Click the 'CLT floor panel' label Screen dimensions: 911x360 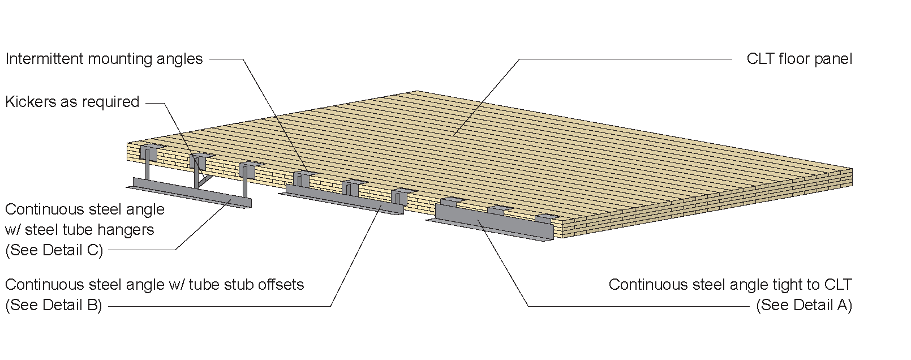click(799, 59)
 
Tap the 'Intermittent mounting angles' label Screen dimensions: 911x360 click(104, 59)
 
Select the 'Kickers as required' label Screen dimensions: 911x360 click(72, 102)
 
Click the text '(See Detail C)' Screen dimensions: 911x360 click(54, 250)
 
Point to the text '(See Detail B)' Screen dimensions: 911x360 click(54, 305)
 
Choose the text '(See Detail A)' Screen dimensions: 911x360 click(804, 305)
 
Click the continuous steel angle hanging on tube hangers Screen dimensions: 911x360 click(189, 193)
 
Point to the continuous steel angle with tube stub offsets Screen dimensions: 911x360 click(342, 199)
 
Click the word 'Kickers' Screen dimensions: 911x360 click(30, 102)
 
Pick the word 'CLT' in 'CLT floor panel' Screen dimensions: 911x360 click(760, 59)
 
